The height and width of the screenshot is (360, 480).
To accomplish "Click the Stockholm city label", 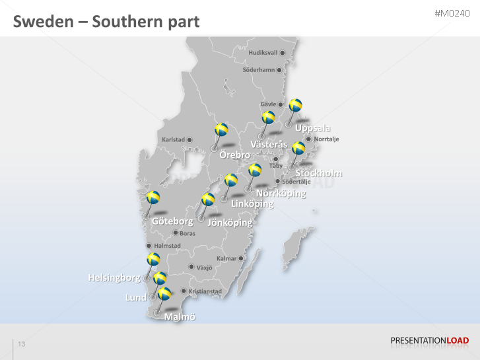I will pyautogui.click(x=319, y=173).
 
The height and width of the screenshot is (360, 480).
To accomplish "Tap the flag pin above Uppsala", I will pyautogui.click(x=295, y=105).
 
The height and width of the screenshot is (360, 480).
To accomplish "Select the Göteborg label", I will pyautogui.click(x=172, y=221).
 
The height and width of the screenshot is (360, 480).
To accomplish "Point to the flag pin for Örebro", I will pyautogui.click(x=222, y=129).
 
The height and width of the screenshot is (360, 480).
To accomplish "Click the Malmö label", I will pyautogui.click(x=180, y=317).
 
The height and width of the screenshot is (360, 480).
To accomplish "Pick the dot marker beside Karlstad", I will pyautogui.click(x=189, y=139).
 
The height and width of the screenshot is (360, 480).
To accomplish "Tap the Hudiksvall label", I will pyautogui.click(x=263, y=52).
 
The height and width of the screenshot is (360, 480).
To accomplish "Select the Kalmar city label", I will pyautogui.click(x=226, y=258).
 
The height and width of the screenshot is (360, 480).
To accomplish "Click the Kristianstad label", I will pyautogui.click(x=205, y=291).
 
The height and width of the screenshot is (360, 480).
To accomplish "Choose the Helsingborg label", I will pyautogui.click(x=114, y=277).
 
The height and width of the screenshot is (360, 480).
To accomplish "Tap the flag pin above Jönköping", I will pyautogui.click(x=208, y=199).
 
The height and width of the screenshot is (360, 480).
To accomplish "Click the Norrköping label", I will pyautogui.click(x=281, y=194).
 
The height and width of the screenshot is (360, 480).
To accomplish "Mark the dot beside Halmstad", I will pyautogui.click(x=149, y=246).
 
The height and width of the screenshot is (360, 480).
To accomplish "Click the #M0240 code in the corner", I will pyautogui.click(x=452, y=14).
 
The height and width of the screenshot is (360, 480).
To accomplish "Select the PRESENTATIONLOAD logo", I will pyautogui.click(x=430, y=341).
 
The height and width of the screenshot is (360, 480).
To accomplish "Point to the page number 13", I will pyautogui.click(x=22, y=344).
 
